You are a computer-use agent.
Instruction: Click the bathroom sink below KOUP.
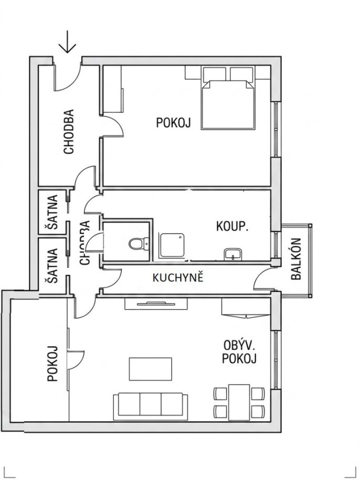[x=233, y=254]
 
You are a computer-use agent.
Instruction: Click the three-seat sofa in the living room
[x=151, y=406]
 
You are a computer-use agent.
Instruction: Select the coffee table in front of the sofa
[x=150, y=369]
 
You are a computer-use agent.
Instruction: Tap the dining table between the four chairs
[x=239, y=402]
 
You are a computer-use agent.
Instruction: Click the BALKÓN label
[x=297, y=259]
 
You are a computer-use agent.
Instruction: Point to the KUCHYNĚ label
[x=178, y=278]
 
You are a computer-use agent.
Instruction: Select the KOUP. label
[x=232, y=226]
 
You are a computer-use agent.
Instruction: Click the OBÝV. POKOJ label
[x=239, y=352]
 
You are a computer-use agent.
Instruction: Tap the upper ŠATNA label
[x=52, y=212]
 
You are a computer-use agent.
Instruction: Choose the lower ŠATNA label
[x=52, y=265]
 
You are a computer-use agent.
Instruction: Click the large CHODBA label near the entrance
[x=69, y=132]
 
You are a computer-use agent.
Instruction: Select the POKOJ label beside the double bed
[x=173, y=122]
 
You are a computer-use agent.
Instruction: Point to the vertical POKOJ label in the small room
[x=52, y=363]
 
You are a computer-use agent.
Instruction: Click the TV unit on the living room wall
[x=156, y=304]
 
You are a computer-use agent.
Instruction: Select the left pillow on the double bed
[x=215, y=74]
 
